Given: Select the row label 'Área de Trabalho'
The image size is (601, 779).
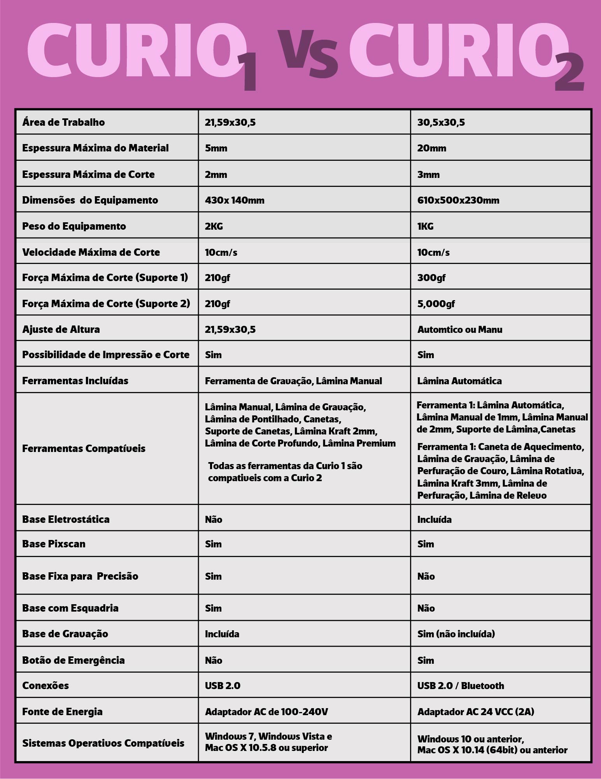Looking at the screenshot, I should (63, 122).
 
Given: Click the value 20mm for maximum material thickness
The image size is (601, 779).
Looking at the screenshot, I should (431, 148).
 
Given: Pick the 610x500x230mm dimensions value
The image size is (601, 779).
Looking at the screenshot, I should (458, 200).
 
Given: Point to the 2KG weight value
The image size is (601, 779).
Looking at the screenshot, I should (214, 226).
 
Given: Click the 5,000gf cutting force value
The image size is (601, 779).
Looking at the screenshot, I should (436, 304).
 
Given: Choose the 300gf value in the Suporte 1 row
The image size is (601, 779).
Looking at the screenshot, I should (431, 278).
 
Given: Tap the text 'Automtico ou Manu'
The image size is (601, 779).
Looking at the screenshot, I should (459, 330).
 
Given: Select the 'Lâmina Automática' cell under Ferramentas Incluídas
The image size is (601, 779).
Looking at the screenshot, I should (459, 381).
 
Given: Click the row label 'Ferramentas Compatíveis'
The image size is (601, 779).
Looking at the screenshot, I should (84, 448).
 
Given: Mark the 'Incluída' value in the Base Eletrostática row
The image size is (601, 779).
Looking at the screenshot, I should (434, 520).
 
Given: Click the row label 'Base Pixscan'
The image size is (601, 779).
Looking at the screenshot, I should (54, 544).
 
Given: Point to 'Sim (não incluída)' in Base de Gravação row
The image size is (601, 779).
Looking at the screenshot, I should (456, 634).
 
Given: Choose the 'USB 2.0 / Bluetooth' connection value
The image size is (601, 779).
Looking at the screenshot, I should (460, 686).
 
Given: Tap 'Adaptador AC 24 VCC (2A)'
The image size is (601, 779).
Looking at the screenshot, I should (475, 712).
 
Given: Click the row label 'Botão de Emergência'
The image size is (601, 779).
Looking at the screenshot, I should (73, 660).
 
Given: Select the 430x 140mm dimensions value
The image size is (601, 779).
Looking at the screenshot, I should (234, 200).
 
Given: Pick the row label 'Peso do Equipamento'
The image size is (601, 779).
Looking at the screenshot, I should (74, 226).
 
